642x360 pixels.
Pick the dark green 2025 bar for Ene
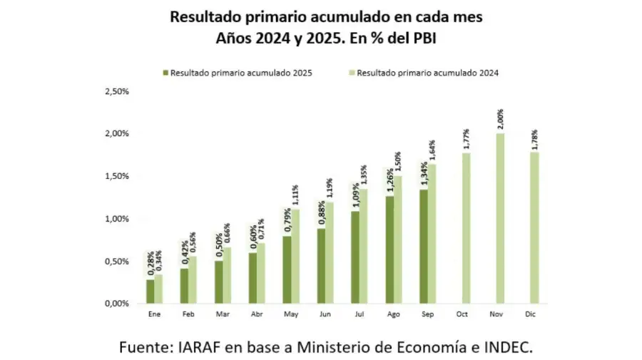pyautogui.click(x=150, y=291)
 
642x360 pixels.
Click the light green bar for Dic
pyautogui.click(x=534, y=227)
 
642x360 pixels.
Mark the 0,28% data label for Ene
pyautogui.click(x=151, y=264)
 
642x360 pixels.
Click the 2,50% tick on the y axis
pyautogui.click(x=116, y=91)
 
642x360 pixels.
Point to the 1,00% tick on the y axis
pyautogui.click(x=116, y=219)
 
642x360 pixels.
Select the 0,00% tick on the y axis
pyautogui.click(x=116, y=304)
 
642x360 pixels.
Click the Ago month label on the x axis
pyautogui.click(x=394, y=314)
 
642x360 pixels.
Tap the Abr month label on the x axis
pyautogui.click(x=255, y=314)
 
